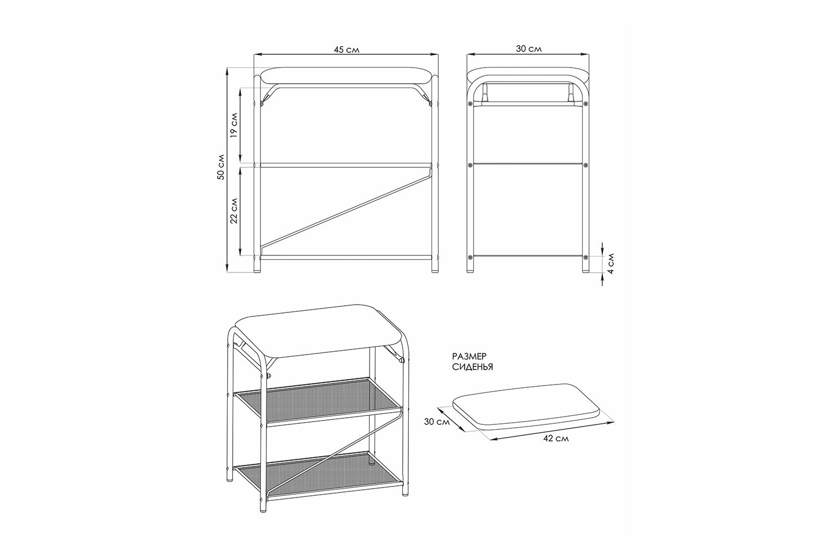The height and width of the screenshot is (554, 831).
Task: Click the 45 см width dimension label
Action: [x=346, y=50]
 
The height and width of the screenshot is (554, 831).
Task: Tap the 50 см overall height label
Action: [x=221, y=167]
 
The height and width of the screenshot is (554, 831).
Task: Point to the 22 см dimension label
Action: [x=234, y=211]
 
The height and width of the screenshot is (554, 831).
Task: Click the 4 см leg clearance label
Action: [x=611, y=264]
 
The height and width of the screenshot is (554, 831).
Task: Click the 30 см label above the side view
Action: [x=529, y=49]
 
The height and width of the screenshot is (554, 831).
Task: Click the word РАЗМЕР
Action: [x=469, y=356]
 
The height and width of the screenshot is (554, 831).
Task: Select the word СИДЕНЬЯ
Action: [x=473, y=367]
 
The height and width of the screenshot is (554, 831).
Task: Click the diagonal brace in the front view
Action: [x=346, y=210]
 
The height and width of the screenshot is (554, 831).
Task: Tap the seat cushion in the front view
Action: [x=347, y=76]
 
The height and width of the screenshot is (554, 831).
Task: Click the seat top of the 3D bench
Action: [x=319, y=330]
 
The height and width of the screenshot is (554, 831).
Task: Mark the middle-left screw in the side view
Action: [x=470, y=165]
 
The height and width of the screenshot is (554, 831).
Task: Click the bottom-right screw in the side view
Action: [x=586, y=257]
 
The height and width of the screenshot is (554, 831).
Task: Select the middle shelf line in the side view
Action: [x=528, y=163]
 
